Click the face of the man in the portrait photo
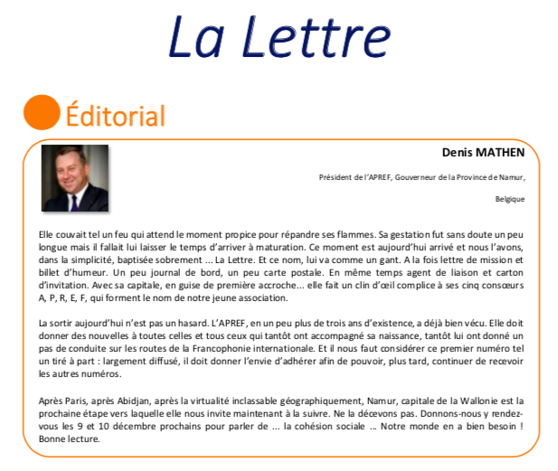tap(74, 174)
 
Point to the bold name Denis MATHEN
tap(483, 153)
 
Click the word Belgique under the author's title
tap(510, 198)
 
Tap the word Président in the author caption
tap(336, 177)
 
